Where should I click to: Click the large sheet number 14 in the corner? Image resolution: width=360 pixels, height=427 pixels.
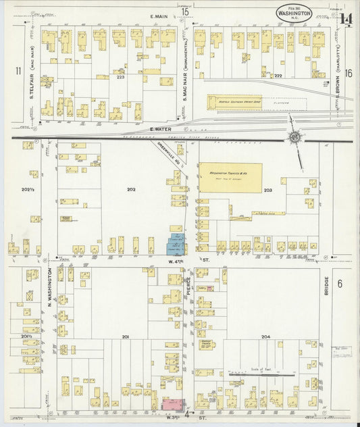[346, 20]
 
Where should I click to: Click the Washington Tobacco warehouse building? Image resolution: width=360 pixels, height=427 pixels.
[230, 177]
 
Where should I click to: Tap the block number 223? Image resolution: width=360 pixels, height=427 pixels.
[121, 78]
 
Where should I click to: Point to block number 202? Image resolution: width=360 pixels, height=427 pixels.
[130, 190]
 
